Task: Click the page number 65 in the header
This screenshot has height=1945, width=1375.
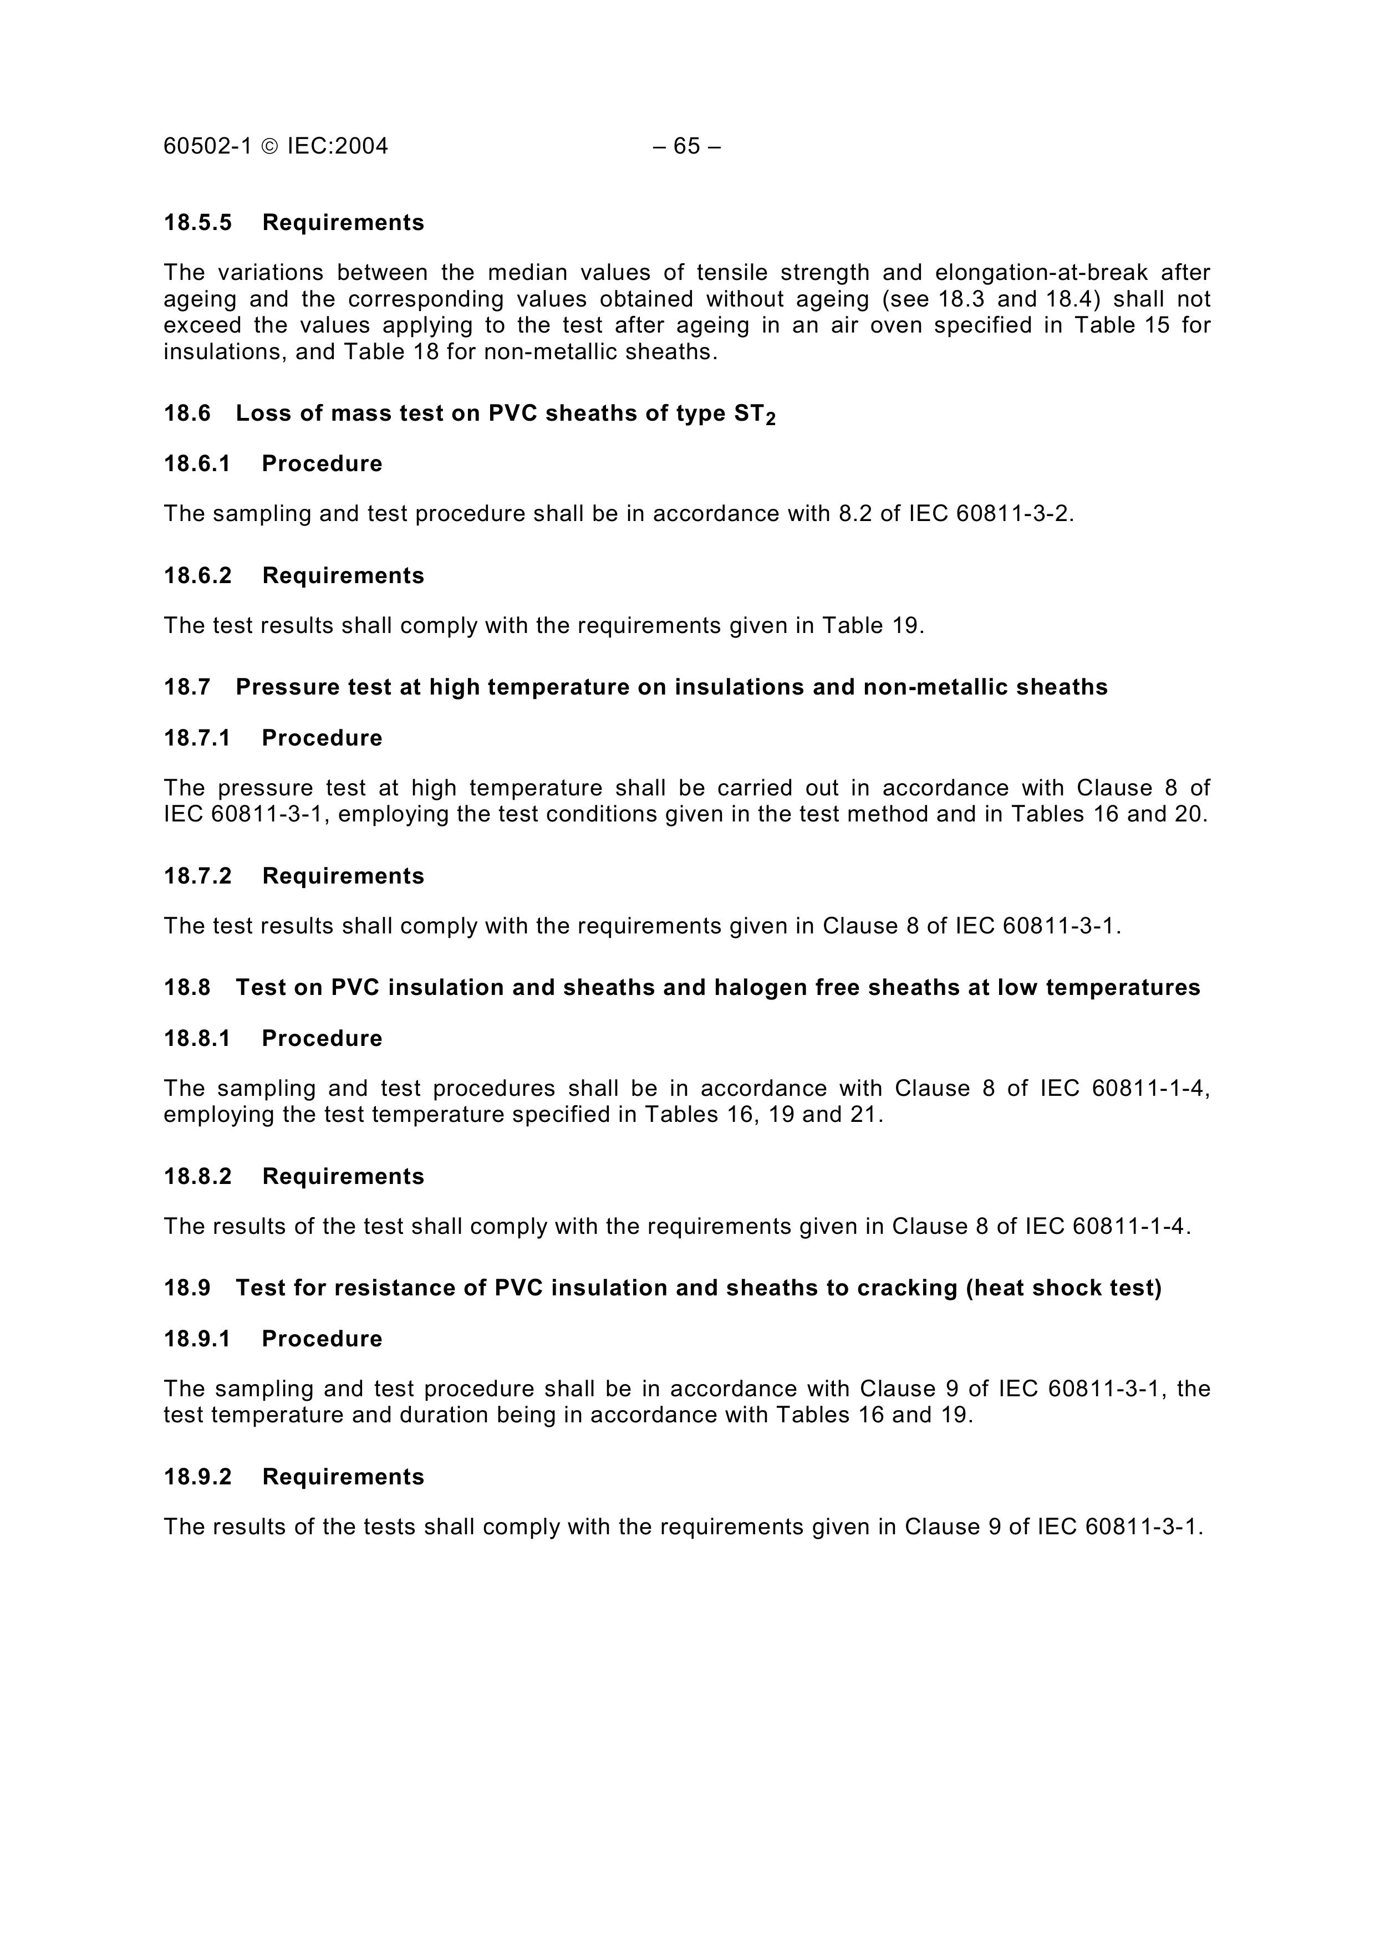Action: click(686, 146)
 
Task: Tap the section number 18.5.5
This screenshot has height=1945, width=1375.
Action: click(197, 223)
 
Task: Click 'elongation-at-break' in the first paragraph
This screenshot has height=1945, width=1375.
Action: click(1041, 273)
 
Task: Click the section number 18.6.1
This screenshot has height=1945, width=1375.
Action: click(197, 464)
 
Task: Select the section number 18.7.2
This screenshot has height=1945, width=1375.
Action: click(197, 876)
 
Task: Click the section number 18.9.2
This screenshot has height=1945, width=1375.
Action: click(197, 1477)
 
